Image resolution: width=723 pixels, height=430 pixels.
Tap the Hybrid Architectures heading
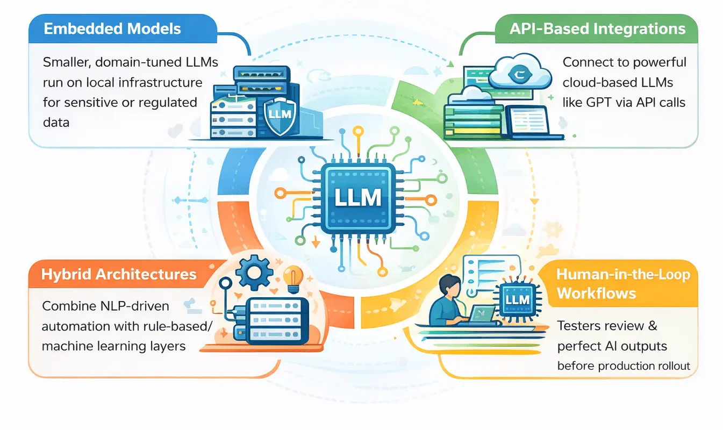pos(119,274)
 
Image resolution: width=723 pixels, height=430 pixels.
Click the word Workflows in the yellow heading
pos(597,293)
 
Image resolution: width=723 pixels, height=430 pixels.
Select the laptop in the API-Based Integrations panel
pos(527,123)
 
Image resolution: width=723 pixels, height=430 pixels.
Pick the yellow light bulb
pos(293,276)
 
